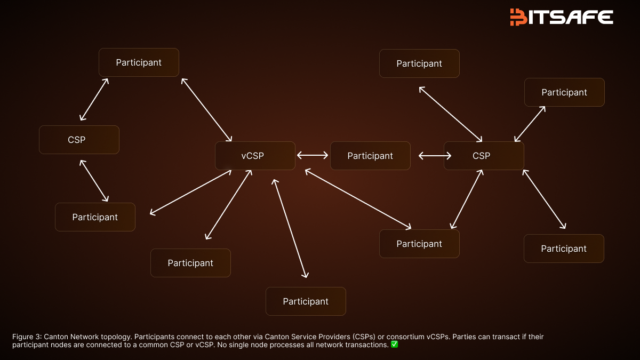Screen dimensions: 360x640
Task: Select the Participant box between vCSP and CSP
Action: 370,156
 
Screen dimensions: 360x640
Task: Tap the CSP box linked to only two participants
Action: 79,140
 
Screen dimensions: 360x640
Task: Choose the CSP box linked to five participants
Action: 484,156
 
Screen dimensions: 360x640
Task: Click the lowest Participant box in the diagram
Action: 306,301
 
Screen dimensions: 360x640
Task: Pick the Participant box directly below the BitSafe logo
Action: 564,92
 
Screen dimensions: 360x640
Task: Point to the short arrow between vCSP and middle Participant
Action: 313,155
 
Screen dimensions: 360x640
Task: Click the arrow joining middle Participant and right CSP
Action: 435,156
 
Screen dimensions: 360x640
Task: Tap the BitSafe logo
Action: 561,17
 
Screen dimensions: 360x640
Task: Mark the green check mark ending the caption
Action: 394,345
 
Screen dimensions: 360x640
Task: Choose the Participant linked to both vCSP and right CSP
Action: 419,244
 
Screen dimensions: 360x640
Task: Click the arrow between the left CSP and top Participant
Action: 94,99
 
